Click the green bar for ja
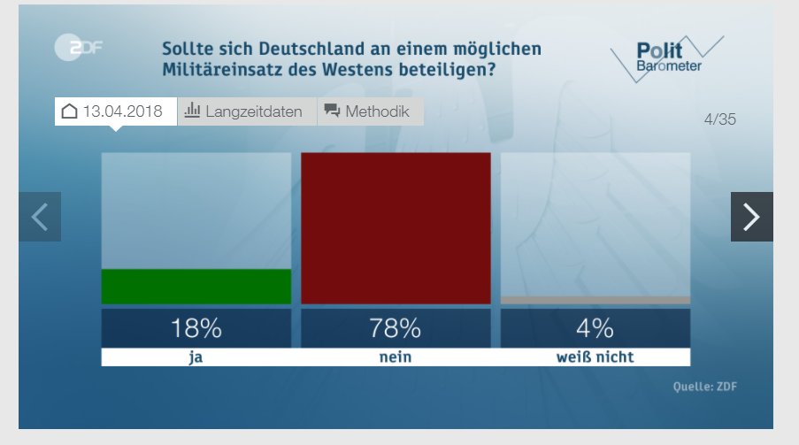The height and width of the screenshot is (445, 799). click(196, 287)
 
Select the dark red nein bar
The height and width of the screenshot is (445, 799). click(396, 228)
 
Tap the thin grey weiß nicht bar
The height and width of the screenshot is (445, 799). click(595, 300)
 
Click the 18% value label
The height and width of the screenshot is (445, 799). click(196, 328)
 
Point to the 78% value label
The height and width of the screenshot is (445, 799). click(396, 328)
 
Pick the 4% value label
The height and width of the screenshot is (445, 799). click(595, 328)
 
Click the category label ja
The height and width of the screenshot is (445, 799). click(196, 357)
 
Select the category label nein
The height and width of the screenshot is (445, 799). click(396, 357)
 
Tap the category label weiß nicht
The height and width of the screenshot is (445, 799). click(595, 357)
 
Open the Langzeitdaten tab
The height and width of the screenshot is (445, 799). click(247, 111)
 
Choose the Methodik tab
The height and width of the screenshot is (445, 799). click(371, 111)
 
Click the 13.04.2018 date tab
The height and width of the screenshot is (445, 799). click(116, 111)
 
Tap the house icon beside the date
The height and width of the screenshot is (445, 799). click(69, 111)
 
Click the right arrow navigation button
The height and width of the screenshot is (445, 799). click(751, 217)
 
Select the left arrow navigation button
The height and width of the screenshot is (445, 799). click(40, 217)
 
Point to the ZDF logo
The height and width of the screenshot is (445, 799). click(79, 48)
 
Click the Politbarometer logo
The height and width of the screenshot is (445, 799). click(667, 58)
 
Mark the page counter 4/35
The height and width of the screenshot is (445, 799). click(720, 119)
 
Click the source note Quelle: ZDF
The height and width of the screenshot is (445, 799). click(704, 387)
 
